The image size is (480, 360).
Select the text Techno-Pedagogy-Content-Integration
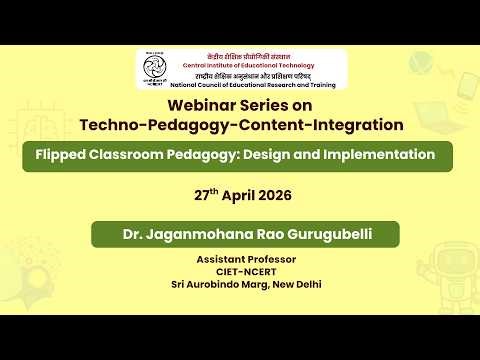(241, 125)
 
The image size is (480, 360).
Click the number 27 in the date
(201, 195)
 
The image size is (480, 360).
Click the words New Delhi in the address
(296, 284)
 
